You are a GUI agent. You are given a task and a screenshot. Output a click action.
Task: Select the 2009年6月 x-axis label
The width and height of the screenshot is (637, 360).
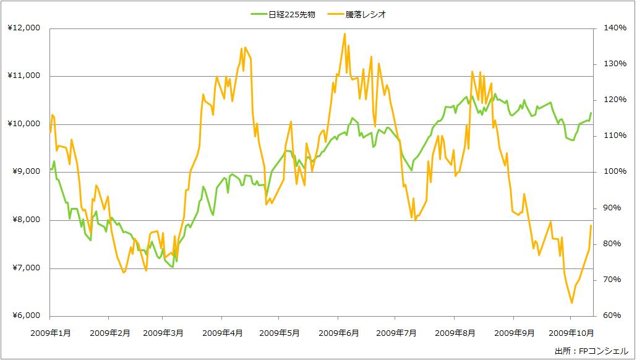tap(339, 332)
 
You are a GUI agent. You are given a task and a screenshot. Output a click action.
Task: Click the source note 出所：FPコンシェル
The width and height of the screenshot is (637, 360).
tap(591, 351)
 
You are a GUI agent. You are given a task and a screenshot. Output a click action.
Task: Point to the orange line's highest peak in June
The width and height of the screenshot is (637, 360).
tap(344, 33)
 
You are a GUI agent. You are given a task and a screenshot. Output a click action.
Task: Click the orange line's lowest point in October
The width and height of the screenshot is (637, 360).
tap(571, 302)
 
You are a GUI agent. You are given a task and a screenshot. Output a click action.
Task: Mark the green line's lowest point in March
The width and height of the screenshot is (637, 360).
tap(172, 267)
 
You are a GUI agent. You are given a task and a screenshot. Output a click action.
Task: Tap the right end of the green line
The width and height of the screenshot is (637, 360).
tap(591, 113)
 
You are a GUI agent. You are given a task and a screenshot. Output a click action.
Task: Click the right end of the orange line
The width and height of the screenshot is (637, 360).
tap(591, 226)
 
